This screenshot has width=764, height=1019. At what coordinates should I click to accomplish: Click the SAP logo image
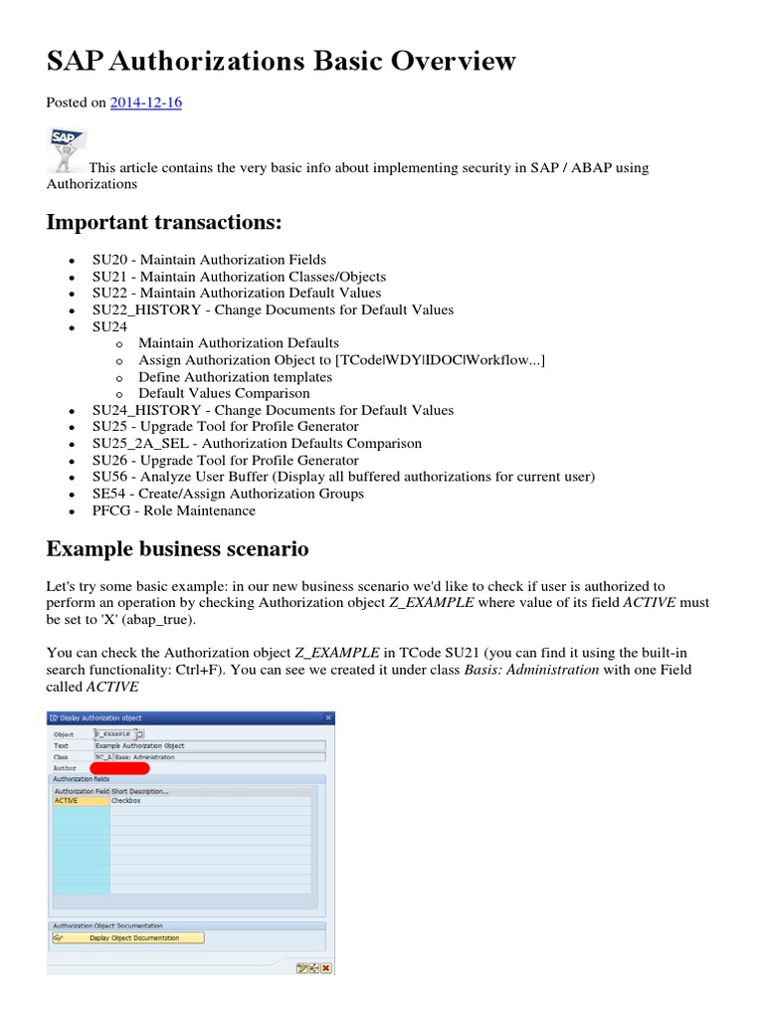(x=67, y=149)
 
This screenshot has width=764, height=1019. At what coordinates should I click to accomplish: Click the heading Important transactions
(x=164, y=221)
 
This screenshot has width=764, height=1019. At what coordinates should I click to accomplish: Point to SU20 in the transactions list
(x=109, y=260)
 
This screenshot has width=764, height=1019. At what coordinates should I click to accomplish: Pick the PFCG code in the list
(x=112, y=510)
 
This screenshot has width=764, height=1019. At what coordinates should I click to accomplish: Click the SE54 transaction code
(x=109, y=494)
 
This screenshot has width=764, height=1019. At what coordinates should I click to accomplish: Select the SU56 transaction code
(x=109, y=477)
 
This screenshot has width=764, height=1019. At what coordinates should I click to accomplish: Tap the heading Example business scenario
(x=177, y=548)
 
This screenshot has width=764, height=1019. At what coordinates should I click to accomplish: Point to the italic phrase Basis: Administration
(x=531, y=670)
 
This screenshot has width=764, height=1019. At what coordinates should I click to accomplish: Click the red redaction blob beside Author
(x=119, y=768)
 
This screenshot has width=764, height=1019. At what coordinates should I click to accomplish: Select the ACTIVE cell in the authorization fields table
(x=80, y=800)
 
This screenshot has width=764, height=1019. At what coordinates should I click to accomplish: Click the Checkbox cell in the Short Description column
(x=126, y=800)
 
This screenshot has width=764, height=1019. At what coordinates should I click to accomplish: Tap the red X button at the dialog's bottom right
(x=326, y=967)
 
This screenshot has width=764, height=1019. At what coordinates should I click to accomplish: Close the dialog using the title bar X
(x=328, y=716)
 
